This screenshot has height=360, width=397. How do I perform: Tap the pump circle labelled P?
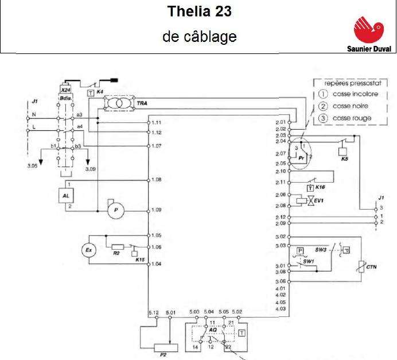point(116,211)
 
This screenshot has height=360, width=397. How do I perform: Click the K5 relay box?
point(344,151)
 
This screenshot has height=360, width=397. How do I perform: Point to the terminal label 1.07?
point(157,146)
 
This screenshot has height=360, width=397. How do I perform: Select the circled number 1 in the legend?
point(322,94)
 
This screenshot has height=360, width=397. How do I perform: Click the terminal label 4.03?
point(281,309)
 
